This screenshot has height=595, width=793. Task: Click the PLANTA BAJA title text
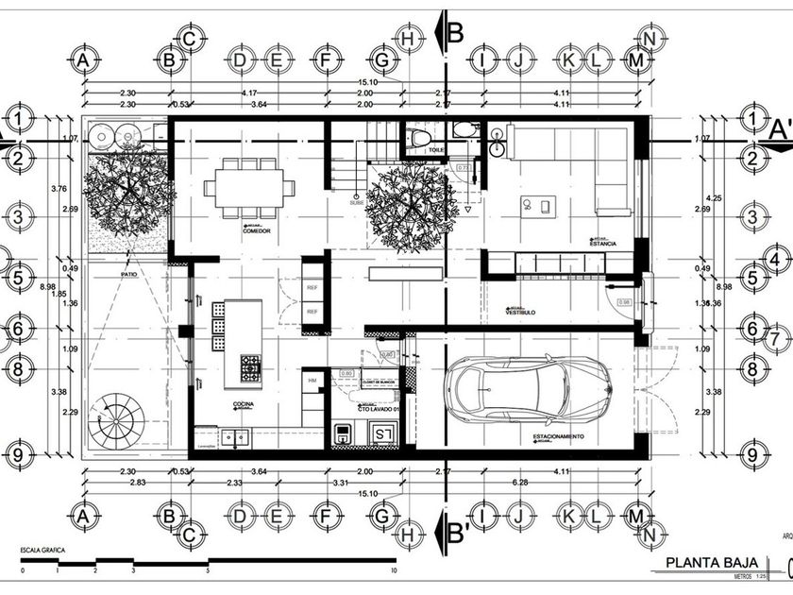(x=706, y=564)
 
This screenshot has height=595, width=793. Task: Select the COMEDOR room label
(x=258, y=229)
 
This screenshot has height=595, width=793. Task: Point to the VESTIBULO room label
(x=521, y=312)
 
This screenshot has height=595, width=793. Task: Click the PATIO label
(x=129, y=275)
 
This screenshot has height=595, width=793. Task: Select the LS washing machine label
(x=382, y=433)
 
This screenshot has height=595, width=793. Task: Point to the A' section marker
(x=781, y=129)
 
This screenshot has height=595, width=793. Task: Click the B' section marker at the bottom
(x=459, y=531)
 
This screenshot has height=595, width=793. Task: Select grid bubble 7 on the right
(x=772, y=338)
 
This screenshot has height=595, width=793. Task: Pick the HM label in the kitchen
(x=312, y=380)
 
